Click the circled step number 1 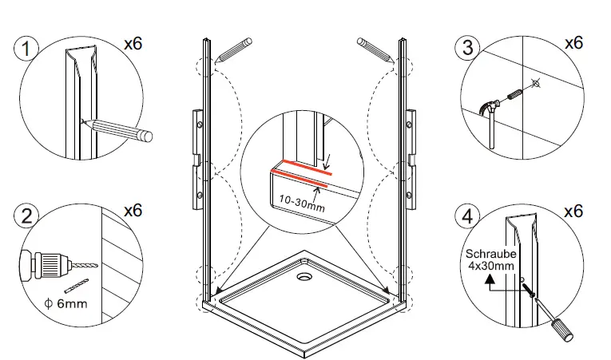point(27,49)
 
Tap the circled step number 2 point(27,216)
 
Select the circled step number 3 point(468,47)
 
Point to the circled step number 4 point(468,216)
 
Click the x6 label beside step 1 point(133,44)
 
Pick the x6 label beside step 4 point(573,212)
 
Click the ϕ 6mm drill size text point(65,304)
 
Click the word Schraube point(490,255)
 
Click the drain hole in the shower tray point(305,279)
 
